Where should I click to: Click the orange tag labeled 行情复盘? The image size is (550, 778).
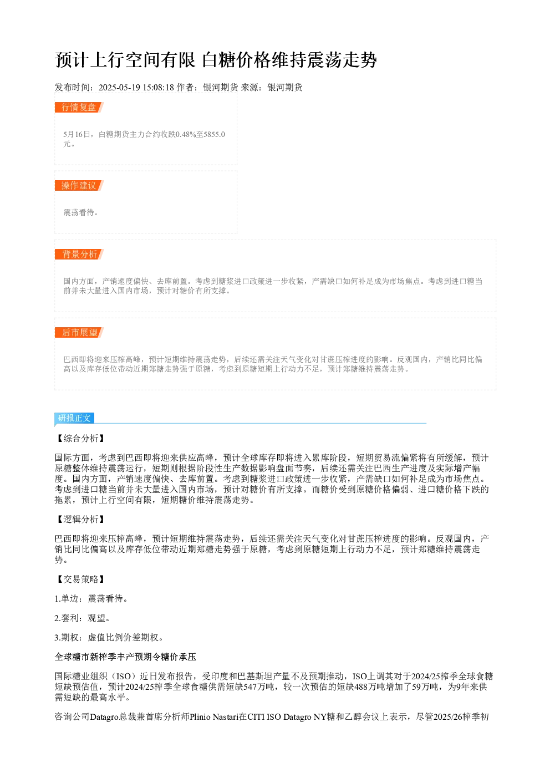[x=79, y=108]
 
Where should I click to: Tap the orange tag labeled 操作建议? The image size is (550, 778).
[x=79, y=185]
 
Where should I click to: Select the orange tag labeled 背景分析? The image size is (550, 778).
[x=79, y=254]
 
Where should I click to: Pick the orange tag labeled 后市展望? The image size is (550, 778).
[x=79, y=332]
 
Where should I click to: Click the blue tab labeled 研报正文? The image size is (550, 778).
[x=74, y=418]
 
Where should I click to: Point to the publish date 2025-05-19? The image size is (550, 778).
[x=119, y=88]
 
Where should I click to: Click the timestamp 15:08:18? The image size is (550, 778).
[x=158, y=88]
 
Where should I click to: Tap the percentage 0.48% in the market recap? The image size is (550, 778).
[x=186, y=134]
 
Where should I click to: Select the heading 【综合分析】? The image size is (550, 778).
[x=80, y=438]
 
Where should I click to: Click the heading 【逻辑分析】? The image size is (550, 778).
[x=80, y=519]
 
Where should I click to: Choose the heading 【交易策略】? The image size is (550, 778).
[x=80, y=579]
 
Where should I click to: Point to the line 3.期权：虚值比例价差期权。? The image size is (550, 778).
[x=109, y=637]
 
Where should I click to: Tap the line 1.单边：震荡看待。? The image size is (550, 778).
[x=91, y=598]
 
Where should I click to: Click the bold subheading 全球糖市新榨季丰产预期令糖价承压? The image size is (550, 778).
[x=125, y=657]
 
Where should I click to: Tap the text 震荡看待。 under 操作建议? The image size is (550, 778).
[x=81, y=212]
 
